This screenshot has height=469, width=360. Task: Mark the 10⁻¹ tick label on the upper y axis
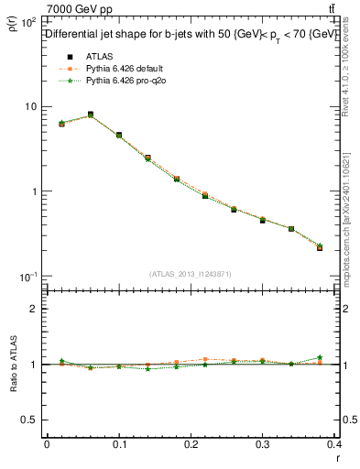pyautogui.click(x=27, y=277)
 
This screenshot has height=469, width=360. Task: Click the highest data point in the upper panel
pyautogui.click(x=90, y=115)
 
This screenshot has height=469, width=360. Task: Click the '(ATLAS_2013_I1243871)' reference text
pyautogui.click(x=191, y=275)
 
